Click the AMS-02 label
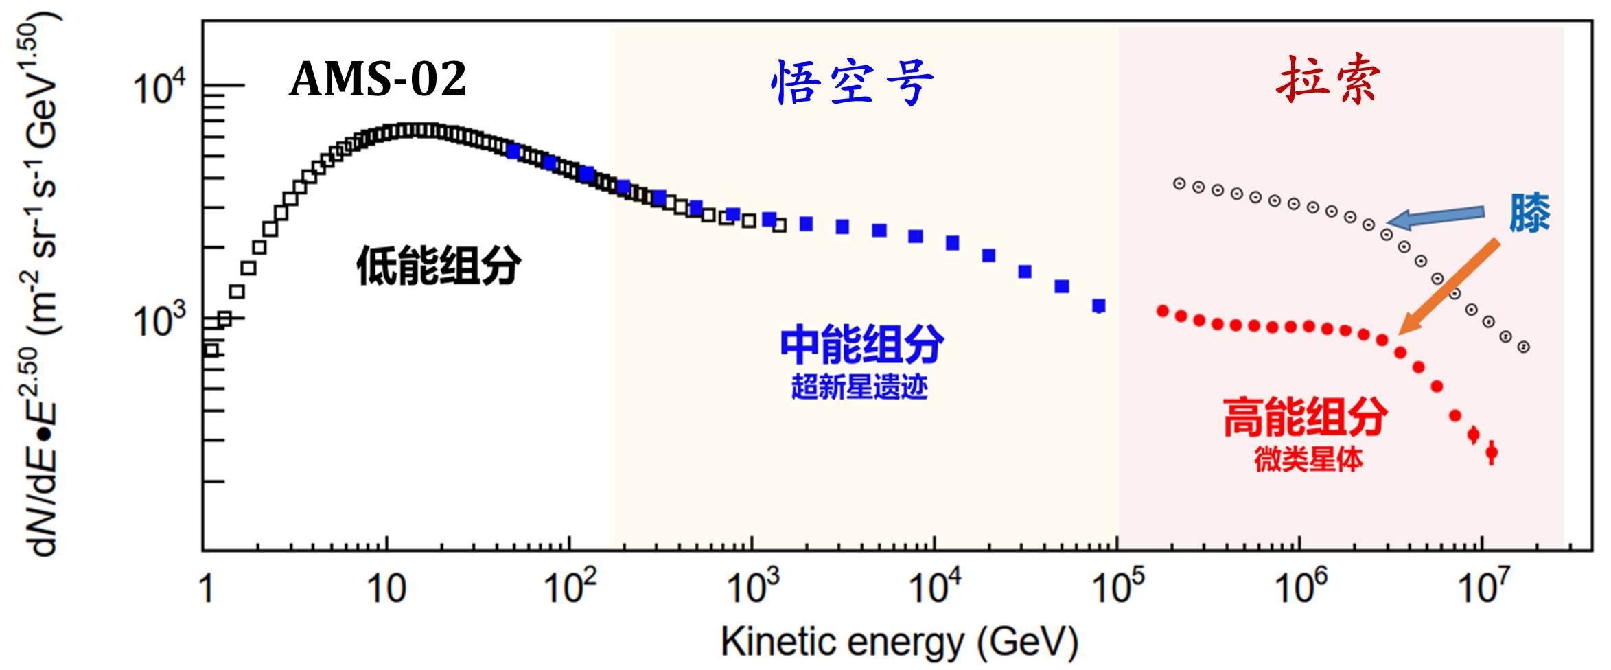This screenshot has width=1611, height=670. click(x=378, y=79)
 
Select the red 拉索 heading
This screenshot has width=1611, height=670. click(x=1328, y=80)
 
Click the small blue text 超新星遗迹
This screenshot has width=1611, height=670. click(x=859, y=387)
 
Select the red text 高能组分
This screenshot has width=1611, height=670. click(x=1305, y=417)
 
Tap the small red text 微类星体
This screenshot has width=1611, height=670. click(x=1308, y=459)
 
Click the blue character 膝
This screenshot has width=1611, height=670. click(x=1529, y=213)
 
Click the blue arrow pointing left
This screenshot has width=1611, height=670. click(x=1435, y=217)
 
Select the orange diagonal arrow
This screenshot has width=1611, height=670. click(x=1448, y=286)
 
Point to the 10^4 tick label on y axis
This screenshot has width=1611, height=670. click(x=159, y=89)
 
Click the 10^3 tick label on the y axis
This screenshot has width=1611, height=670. click(x=159, y=320)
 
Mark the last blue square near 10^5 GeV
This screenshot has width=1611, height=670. click(x=1099, y=305)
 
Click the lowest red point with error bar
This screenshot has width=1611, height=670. click(x=1491, y=452)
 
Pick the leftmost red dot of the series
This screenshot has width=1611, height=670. click(x=1163, y=312)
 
